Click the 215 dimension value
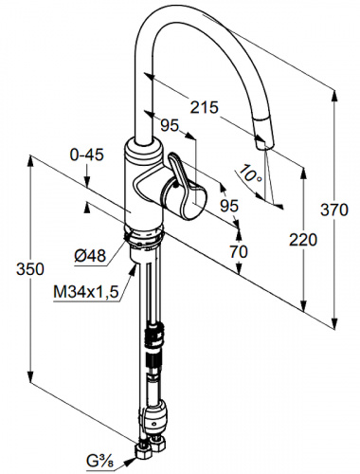(204, 107)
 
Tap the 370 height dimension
(334, 210)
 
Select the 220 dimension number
(303, 240)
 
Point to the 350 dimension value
(30, 269)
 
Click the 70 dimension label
(239, 252)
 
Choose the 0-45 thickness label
(86, 155)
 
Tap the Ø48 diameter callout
(90, 255)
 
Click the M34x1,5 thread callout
(86, 293)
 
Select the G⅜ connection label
(97, 461)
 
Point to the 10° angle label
(250, 173)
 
